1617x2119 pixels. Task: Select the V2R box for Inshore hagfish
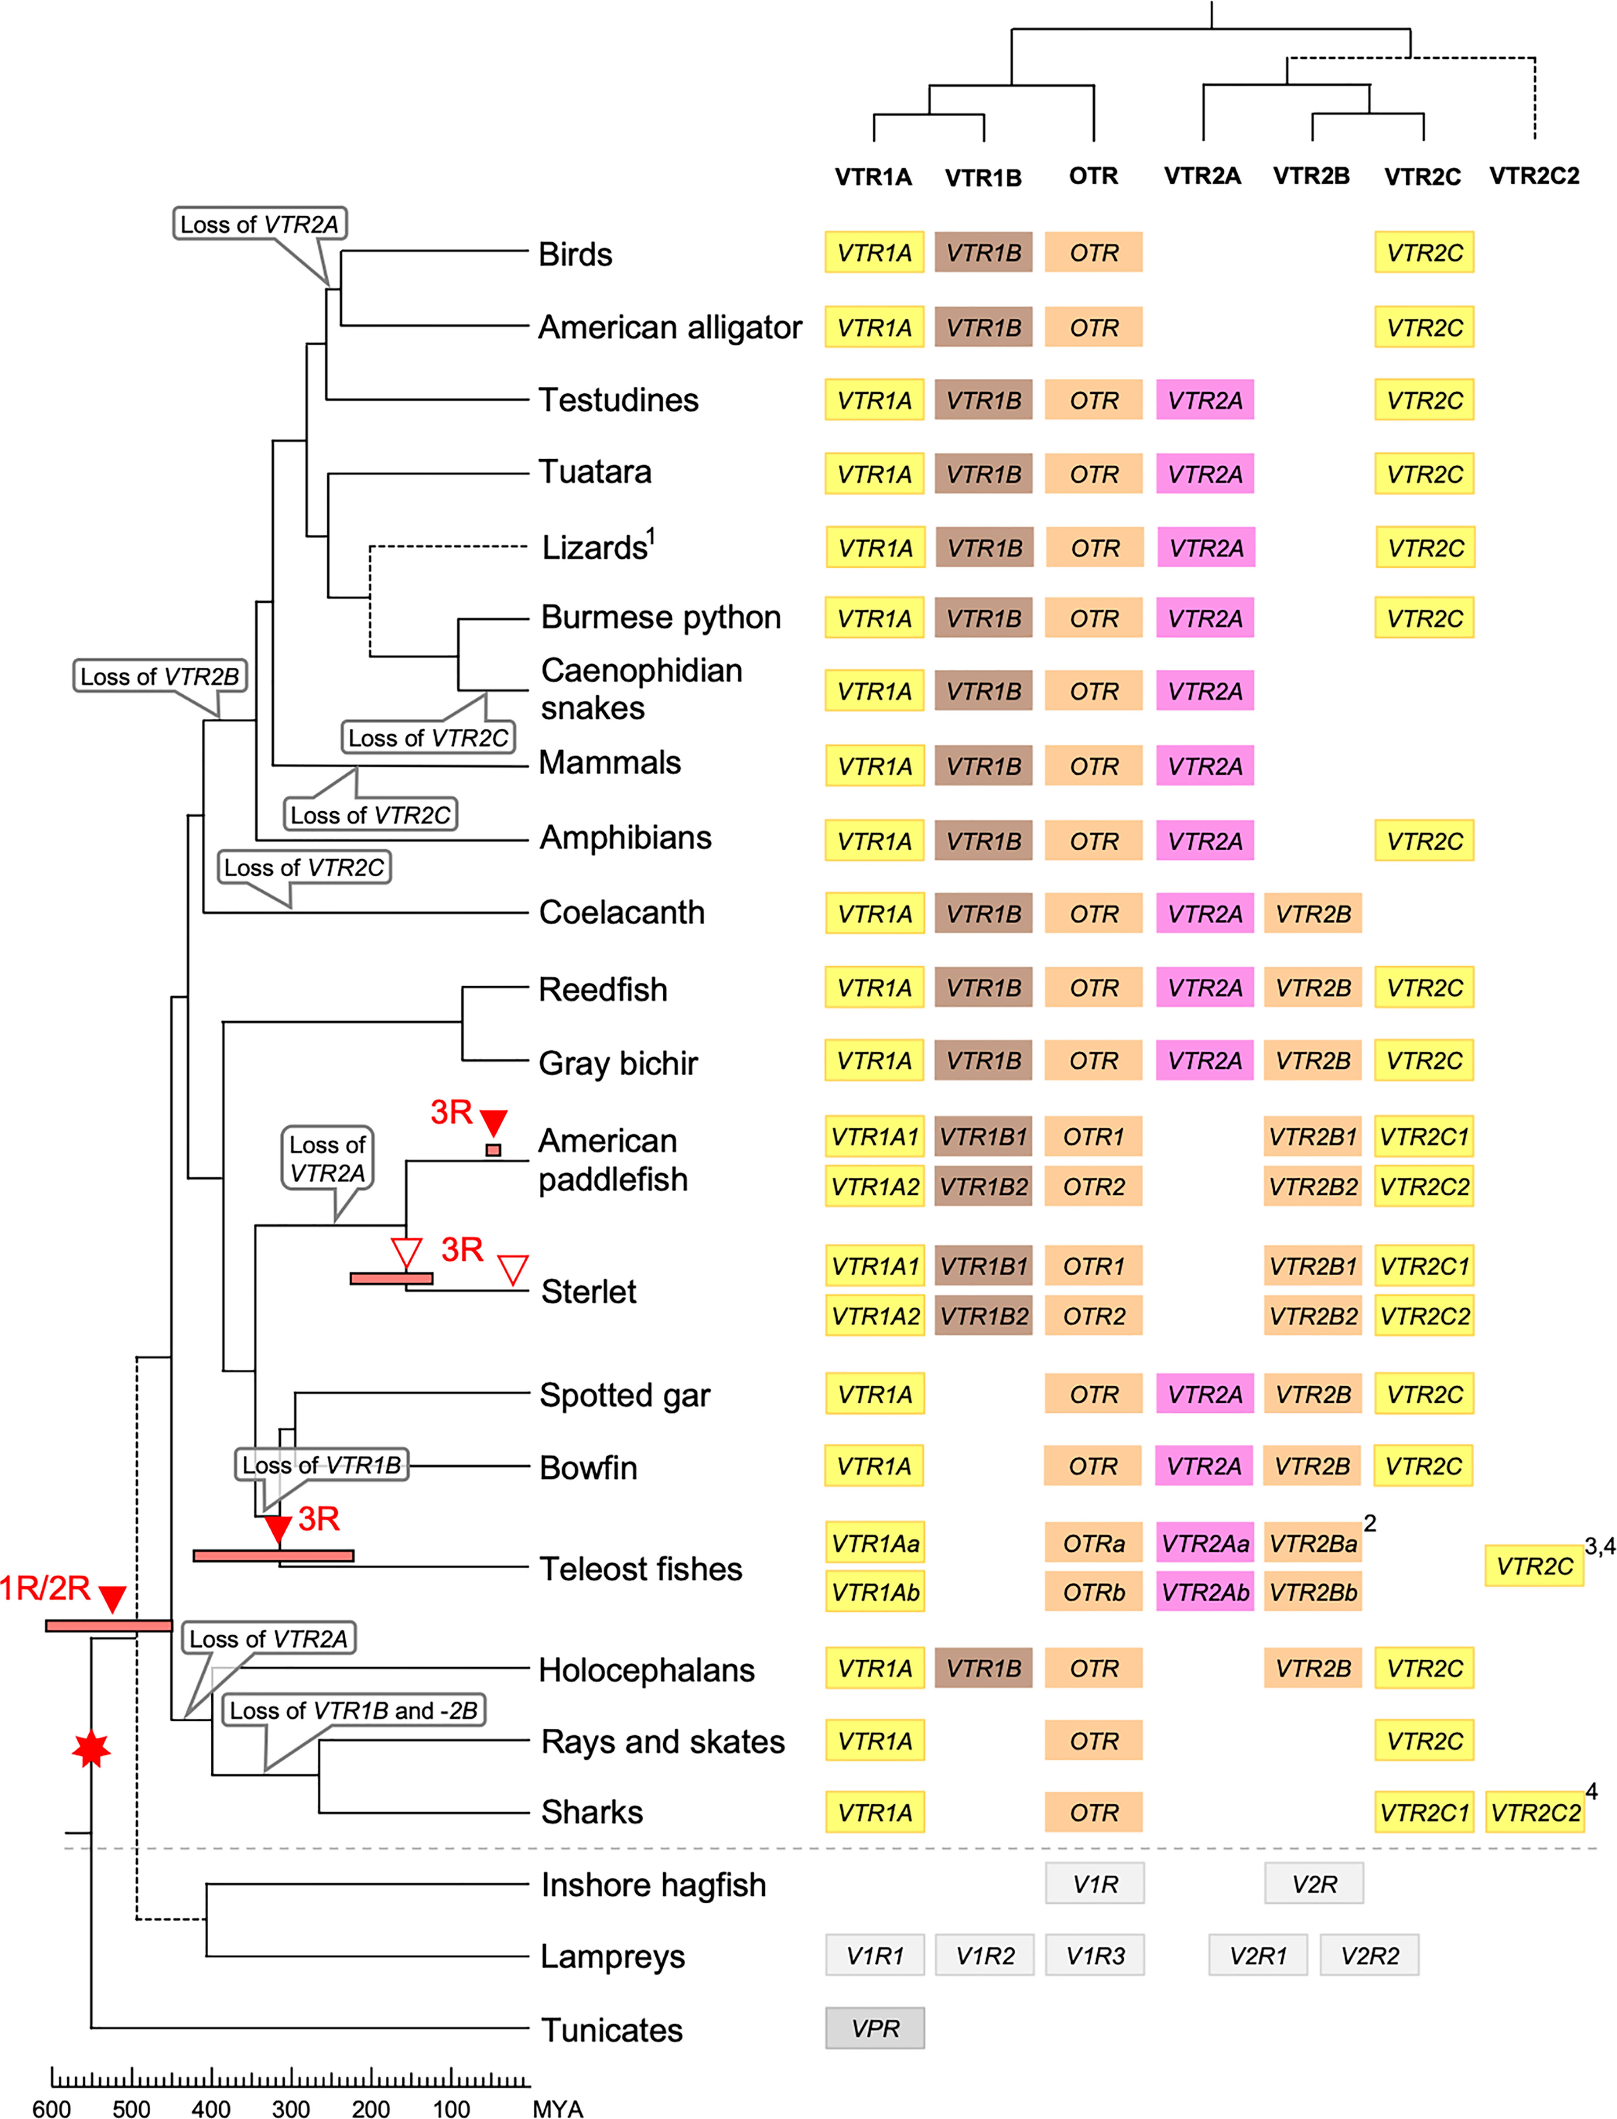pyautogui.click(x=1314, y=1883)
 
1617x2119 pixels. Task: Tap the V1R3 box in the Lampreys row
pyautogui.click(x=1094, y=1956)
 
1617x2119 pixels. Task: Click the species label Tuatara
pyautogui.click(x=595, y=472)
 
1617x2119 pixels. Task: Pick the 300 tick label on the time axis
pyautogui.click(x=291, y=2108)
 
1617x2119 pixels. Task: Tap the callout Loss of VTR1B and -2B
pyautogui.click(x=353, y=1710)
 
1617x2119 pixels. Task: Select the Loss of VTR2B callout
pyautogui.click(x=160, y=676)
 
